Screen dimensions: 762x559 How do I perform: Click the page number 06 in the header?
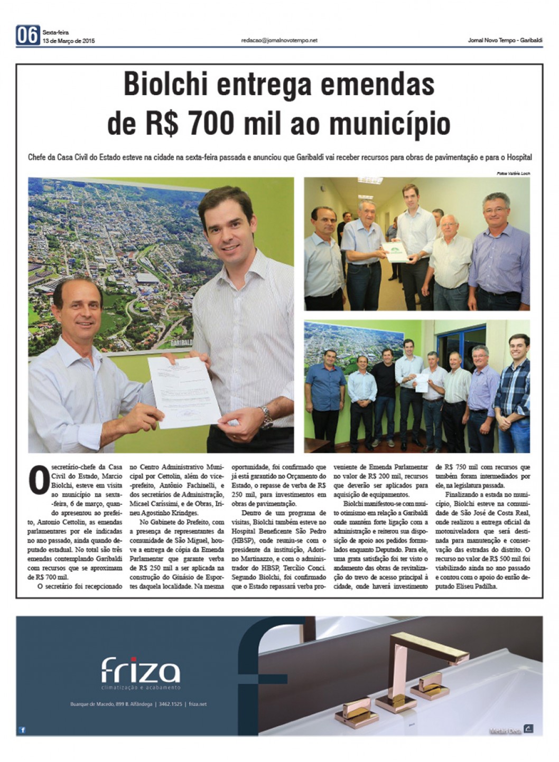coord(27,35)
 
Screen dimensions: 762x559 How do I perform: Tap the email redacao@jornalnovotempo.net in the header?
coord(279,40)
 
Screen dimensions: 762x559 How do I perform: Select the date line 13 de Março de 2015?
coord(69,41)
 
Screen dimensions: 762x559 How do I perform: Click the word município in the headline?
coord(390,124)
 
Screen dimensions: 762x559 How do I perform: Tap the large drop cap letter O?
coord(39,479)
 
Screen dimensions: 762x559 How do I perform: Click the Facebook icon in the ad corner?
coord(23,730)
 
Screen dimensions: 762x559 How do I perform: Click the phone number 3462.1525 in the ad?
coord(171,704)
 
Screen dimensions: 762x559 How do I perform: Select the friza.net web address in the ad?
coord(198,704)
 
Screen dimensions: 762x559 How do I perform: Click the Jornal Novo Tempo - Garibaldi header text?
coord(505,41)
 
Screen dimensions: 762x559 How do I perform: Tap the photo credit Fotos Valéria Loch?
coord(513,173)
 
